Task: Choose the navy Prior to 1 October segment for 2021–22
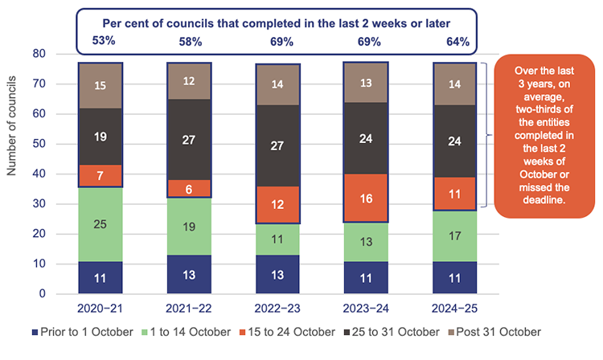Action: click(x=189, y=274)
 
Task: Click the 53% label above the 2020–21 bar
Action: click(x=100, y=39)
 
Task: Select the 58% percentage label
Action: click(x=189, y=39)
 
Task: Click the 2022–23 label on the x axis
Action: click(x=277, y=308)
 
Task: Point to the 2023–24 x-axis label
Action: click(x=366, y=308)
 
